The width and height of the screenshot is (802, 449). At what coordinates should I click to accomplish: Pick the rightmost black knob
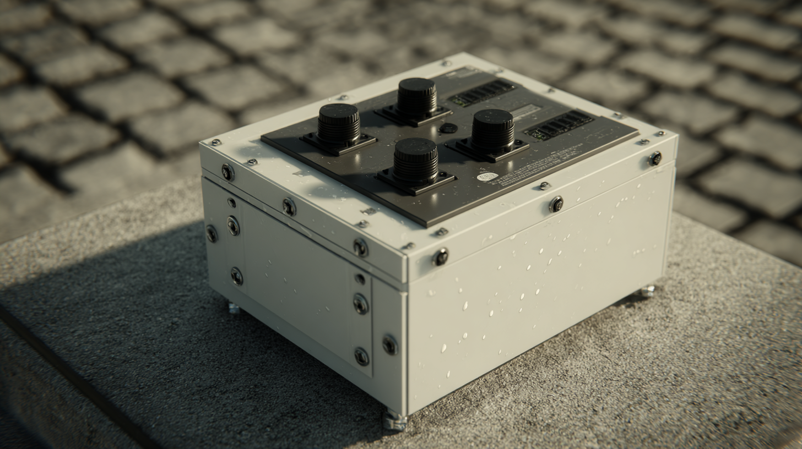(492, 130)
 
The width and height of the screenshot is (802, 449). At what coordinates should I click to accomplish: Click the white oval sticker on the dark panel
(487, 177)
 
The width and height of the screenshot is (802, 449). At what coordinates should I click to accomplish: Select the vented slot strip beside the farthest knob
(481, 92)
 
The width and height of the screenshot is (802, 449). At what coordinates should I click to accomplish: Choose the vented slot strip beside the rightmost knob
(559, 125)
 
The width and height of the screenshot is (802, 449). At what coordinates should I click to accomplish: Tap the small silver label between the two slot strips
(526, 112)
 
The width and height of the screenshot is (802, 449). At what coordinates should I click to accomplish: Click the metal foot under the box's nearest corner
(395, 421)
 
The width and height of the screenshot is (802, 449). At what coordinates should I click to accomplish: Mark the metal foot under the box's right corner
(647, 291)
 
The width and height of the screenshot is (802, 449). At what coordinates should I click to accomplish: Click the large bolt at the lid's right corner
(655, 158)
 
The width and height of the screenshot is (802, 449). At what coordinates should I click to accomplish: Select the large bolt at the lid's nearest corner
(440, 257)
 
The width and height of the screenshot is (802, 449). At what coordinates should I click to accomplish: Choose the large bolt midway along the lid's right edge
(556, 204)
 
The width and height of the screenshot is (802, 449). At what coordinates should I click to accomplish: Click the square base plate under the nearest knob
(416, 182)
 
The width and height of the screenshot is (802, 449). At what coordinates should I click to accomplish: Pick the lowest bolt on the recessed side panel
(361, 357)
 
